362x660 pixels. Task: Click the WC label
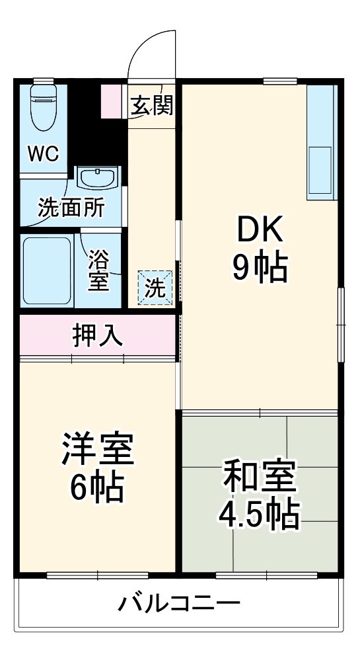pos(43,153)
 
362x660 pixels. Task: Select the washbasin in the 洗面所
pos(98,178)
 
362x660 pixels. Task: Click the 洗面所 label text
pos(71,208)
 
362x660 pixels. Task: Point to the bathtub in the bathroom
pos(47,270)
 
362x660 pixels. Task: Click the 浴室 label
pos(99,269)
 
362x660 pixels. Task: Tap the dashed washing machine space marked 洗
pos(155,288)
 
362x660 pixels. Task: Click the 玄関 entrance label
pos(151,106)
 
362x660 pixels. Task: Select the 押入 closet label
pos(98,336)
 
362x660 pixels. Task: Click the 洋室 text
pos(98,450)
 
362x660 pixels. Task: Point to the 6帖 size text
pos(98,488)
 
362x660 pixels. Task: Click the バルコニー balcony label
pos(180,603)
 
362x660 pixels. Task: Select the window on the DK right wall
pos(341,324)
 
